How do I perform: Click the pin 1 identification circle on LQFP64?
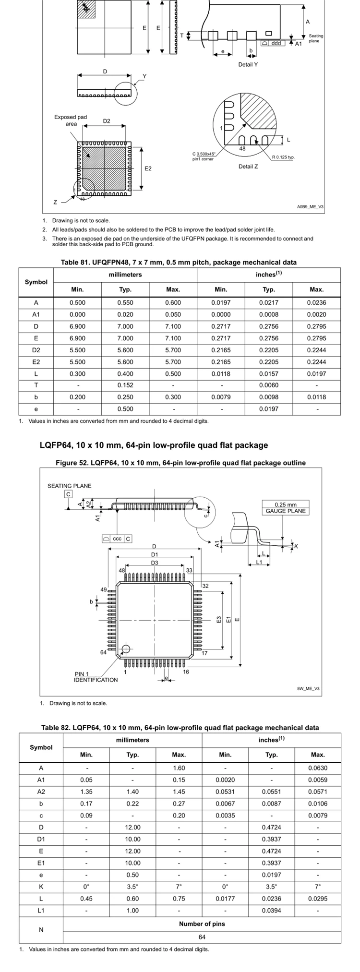126,649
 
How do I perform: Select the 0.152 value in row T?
125,385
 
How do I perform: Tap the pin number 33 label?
189,570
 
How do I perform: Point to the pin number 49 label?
103,589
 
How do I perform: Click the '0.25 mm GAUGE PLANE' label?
286,508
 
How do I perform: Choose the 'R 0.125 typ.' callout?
283,157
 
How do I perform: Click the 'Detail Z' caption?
248,167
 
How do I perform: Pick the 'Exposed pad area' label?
71,120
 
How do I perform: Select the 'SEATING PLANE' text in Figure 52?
69,486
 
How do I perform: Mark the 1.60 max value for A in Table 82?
179,768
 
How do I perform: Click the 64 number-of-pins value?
202,937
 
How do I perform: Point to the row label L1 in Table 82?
41,911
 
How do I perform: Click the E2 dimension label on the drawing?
148,168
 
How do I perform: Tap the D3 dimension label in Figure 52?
155,563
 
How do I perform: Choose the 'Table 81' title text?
179,262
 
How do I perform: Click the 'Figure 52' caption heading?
180,463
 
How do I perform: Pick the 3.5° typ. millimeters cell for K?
132,887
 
